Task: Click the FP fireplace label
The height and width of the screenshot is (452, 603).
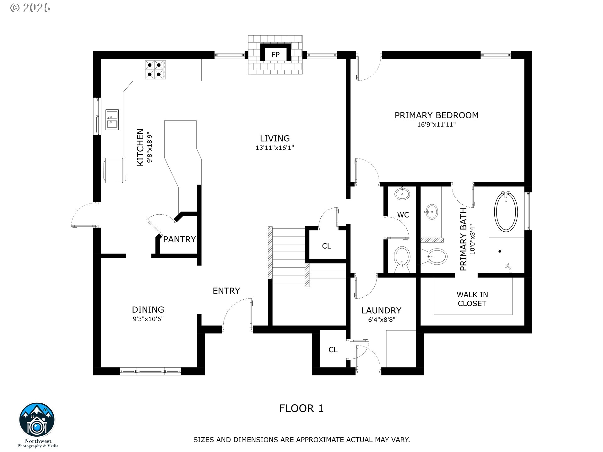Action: click(275, 55)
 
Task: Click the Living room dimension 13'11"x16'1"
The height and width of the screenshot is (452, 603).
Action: click(274, 148)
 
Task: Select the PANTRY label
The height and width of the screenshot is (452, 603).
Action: click(179, 239)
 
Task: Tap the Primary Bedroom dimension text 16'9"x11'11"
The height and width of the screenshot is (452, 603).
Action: click(436, 125)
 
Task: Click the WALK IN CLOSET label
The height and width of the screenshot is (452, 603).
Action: click(472, 299)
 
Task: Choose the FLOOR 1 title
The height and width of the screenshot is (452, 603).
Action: click(301, 408)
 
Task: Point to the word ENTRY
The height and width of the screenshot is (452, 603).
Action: click(226, 291)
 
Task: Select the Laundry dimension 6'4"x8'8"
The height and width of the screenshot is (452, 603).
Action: click(381, 320)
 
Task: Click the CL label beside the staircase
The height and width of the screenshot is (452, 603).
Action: click(326, 246)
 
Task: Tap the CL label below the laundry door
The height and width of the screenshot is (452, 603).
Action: click(333, 350)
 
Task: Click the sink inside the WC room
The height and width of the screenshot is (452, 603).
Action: click(402, 194)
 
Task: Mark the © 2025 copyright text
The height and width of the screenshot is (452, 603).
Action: click(30, 8)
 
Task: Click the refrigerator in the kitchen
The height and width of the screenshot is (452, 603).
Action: click(114, 170)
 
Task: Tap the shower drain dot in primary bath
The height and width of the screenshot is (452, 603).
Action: click(500, 251)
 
